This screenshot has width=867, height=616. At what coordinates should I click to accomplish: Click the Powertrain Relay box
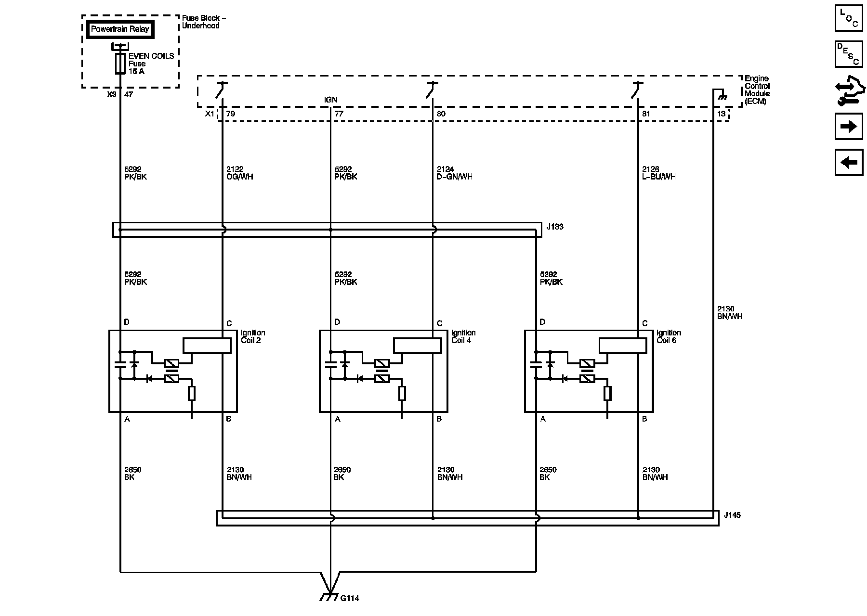(x=120, y=29)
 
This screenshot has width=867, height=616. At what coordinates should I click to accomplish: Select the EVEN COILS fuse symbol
(x=120, y=64)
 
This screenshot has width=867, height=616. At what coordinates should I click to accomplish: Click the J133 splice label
(x=555, y=227)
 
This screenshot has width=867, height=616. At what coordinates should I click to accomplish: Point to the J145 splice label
(x=732, y=515)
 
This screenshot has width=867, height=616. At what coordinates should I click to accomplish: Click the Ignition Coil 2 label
(x=253, y=336)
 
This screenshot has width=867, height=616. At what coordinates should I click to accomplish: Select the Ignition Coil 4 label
(x=463, y=336)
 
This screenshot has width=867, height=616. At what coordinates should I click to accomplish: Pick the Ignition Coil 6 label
(x=669, y=336)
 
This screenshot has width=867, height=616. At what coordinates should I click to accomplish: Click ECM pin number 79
(x=231, y=114)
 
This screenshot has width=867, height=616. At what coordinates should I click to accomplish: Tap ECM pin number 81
(x=646, y=114)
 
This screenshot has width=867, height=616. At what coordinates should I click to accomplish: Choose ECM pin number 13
(x=721, y=114)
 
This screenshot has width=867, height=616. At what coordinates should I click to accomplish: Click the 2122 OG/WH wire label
(x=239, y=173)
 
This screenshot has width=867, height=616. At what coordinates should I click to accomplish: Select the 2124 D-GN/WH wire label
(x=454, y=173)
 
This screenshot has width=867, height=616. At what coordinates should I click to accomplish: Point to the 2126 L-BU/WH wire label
(x=659, y=173)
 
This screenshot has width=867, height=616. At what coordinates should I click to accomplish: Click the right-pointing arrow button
(x=848, y=127)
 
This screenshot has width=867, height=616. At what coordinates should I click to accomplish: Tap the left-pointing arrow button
(x=848, y=162)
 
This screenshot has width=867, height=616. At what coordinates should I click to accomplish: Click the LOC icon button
(x=848, y=18)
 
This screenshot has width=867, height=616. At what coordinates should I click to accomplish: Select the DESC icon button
(x=848, y=54)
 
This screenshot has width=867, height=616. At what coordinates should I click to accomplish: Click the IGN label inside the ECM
(x=330, y=100)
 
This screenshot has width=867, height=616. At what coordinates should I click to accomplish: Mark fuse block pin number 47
(x=129, y=95)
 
